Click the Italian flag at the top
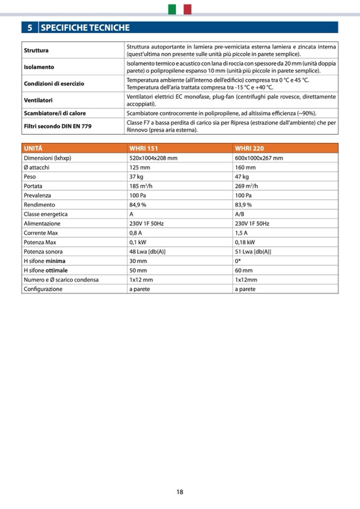[179, 9]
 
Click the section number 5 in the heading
[30, 28]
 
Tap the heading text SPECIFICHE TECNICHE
[85, 28]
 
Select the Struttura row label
[36, 50]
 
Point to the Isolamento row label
[39, 67]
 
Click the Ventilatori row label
[38, 100]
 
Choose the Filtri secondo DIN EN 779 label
[57, 126]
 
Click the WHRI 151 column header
[144, 149]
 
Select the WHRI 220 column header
[249, 149]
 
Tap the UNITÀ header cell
[33, 149]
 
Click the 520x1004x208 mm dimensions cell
[153, 158]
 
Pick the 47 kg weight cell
[242, 177]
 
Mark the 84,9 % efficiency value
[138, 205]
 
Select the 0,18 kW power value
[245, 242]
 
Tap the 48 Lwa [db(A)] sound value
[147, 252]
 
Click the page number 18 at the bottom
[180, 492]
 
